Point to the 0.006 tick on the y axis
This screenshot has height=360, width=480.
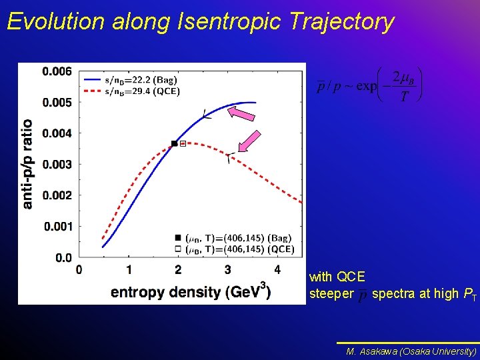pos(57,71)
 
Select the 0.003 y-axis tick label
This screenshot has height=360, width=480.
pos(57,165)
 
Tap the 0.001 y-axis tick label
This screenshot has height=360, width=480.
pos(57,227)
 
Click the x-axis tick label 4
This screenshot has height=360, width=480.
pos(277,270)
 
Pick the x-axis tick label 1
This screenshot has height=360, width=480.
pos(129,270)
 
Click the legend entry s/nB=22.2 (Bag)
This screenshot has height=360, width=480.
pos(141,80)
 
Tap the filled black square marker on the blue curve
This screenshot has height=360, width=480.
pos(175,143)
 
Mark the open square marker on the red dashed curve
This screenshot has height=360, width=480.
pos(183,143)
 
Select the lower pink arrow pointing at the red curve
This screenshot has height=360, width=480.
pos(249,141)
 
